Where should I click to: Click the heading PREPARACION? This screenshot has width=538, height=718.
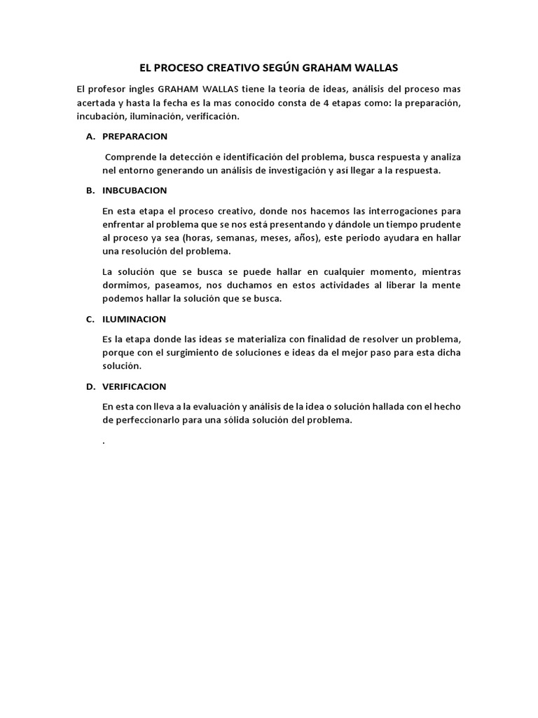tap(134, 136)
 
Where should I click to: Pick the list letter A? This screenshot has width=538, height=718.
tap(90, 136)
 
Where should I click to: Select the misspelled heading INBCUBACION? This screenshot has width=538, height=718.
tap(134, 190)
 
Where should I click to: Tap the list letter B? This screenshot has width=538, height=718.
tap(90, 190)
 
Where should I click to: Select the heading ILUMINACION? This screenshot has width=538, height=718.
tap(134, 319)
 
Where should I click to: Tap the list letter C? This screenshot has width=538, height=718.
tap(90, 319)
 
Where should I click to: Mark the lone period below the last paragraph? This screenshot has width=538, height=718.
tap(103, 442)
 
